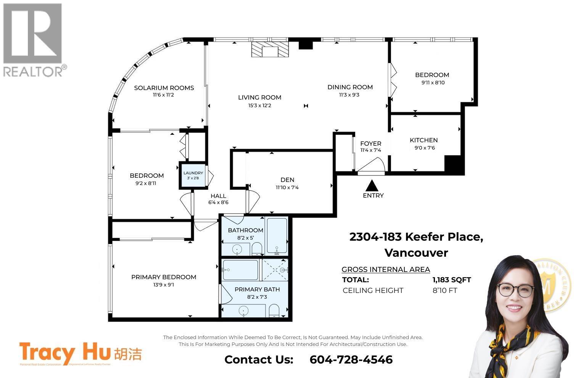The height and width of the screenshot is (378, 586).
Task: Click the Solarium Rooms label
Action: click(x=164, y=88)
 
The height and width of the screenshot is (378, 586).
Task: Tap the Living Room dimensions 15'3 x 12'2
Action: click(x=259, y=105)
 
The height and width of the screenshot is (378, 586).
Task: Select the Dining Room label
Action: click(x=350, y=87)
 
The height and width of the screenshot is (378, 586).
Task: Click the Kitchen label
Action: click(x=423, y=140)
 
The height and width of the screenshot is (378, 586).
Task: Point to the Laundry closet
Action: click(x=193, y=175)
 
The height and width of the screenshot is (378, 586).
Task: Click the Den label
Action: click(x=287, y=180)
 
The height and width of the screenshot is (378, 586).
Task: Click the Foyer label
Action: click(x=370, y=143)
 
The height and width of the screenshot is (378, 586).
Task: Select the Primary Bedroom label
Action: click(x=164, y=277)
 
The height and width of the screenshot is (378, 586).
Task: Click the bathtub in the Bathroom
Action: click(x=276, y=236)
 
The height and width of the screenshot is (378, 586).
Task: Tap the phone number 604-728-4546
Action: click(x=351, y=360)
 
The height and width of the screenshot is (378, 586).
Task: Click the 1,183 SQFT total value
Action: click(x=451, y=280)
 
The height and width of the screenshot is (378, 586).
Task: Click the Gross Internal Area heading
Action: click(x=385, y=269)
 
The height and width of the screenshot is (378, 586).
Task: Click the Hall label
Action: click(x=218, y=196)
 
